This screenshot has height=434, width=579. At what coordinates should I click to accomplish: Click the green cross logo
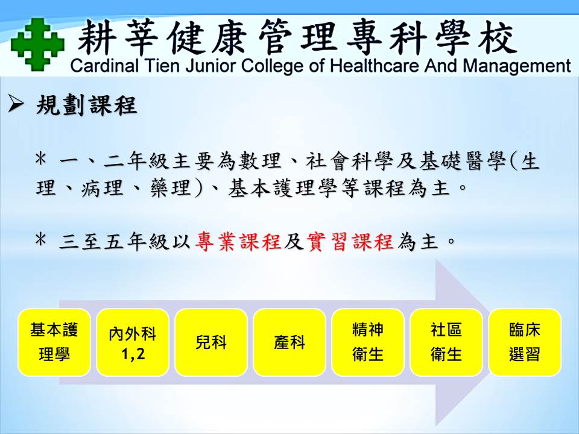pyautogui.click(x=37, y=44)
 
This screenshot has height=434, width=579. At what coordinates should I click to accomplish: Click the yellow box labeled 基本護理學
pyautogui.click(x=54, y=342)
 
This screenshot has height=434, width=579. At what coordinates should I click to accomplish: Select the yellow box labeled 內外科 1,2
pyautogui.click(x=133, y=342)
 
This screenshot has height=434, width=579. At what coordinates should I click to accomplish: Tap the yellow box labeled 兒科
pyautogui.click(x=211, y=342)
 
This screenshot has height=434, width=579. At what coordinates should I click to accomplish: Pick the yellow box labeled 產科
pyautogui.click(x=289, y=342)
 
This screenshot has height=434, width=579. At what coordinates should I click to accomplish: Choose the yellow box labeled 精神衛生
pyautogui.click(x=368, y=342)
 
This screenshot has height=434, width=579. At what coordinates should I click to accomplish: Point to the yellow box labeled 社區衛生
pyautogui.click(x=446, y=342)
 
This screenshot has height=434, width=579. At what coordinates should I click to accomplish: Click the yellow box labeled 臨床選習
pyautogui.click(x=525, y=342)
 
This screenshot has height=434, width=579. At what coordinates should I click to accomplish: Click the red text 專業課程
pyautogui.click(x=238, y=242)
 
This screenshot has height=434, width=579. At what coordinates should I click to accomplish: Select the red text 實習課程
pyautogui.click(x=350, y=242)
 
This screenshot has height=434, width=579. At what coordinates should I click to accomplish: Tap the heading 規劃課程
pyautogui.click(x=87, y=105)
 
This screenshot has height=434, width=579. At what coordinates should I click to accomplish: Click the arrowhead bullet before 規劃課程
pyautogui.click(x=16, y=104)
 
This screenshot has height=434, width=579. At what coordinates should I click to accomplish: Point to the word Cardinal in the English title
pyautogui.click(x=104, y=66)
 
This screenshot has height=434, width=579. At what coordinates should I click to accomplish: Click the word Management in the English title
pyautogui.click(x=517, y=66)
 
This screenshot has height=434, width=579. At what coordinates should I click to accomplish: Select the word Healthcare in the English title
pyautogui.click(x=375, y=66)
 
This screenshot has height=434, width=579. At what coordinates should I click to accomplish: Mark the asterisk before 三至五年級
pyautogui.click(x=40, y=241)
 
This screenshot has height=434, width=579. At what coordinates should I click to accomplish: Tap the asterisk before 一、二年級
pyautogui.click(x=40, y=159)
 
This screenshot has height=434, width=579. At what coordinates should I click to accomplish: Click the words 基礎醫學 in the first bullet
pyautogui.click(x=463, y=162)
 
